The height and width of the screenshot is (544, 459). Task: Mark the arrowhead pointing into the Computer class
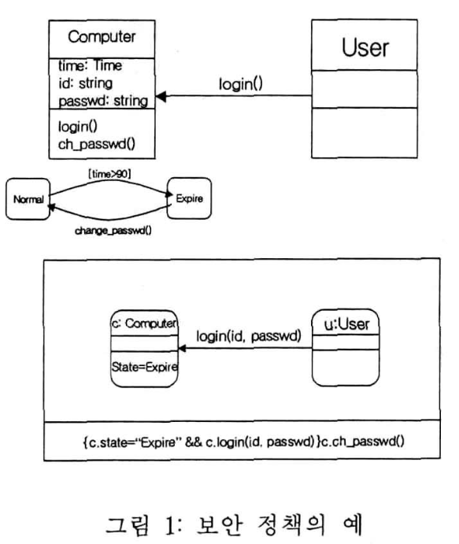tap(161, 98)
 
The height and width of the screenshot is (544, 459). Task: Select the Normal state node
tap(27, 200)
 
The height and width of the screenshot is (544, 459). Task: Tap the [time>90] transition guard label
tap(109, 171)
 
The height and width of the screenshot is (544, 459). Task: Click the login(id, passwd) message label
tap(249, 337)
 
